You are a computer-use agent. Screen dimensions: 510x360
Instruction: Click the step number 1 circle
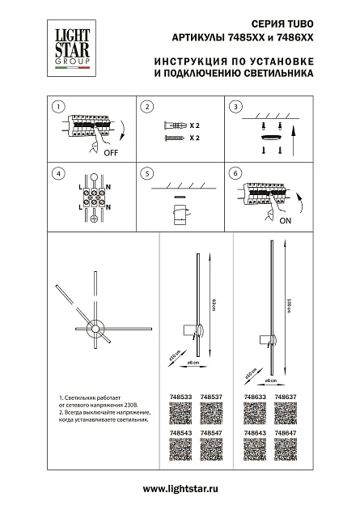(57, 107)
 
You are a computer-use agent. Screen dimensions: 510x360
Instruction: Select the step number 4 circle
(57, 173)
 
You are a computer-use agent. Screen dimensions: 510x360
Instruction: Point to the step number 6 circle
(235, 173)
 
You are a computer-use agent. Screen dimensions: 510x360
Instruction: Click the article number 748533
(183, 397)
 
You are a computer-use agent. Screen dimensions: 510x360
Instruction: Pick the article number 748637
(285, 397)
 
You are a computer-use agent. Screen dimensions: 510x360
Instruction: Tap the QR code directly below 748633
(254, 413)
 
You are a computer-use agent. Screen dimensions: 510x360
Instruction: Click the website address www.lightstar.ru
(180, 491)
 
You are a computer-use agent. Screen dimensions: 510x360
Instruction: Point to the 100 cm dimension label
(288, 308)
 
